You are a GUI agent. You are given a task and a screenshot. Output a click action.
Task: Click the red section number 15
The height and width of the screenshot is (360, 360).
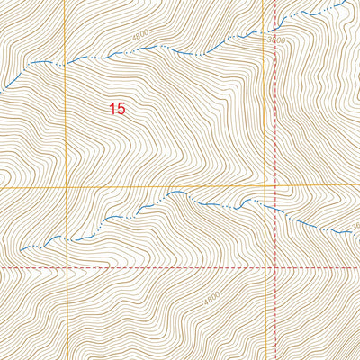point(116,109)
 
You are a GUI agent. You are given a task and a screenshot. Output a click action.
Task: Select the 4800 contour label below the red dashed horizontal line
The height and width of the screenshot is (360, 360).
point(211,295)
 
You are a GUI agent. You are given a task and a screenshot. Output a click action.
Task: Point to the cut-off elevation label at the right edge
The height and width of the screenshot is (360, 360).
point(355,226)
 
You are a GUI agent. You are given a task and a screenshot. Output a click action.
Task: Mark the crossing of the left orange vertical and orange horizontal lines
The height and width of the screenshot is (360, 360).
point(66,187)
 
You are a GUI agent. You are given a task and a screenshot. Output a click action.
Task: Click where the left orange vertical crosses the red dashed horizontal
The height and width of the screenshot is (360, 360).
point(66,268)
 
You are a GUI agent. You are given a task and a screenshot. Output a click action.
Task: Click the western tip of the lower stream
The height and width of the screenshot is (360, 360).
point(20,249)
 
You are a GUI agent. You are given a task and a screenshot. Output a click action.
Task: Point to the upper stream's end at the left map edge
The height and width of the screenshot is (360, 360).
point(2,88)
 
